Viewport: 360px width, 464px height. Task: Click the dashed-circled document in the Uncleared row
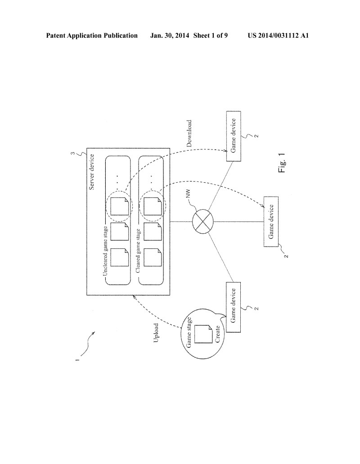119,205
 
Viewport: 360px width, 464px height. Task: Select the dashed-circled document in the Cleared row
153,205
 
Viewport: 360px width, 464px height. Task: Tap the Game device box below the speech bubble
233,306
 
